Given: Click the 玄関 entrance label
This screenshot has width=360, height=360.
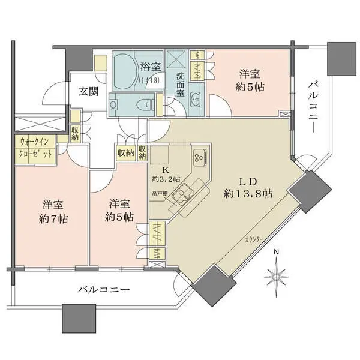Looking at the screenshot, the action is coord(89,92).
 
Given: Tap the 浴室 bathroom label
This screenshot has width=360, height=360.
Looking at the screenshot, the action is coord(151,67).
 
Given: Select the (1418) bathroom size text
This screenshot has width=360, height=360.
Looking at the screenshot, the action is coord(149,81).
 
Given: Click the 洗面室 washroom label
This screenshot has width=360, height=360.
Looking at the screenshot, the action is coord(180,85).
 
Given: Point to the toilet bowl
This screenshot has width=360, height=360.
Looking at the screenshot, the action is coord(145,104).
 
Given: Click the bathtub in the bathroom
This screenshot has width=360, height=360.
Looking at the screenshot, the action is coord(125,71).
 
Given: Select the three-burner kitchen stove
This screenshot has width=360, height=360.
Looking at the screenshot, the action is coord(200,157).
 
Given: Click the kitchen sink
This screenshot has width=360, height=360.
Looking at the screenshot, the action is coord(182,192).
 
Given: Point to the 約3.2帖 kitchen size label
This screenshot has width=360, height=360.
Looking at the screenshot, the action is coord(166,179).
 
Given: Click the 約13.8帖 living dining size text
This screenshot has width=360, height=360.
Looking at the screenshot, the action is coord(248,194).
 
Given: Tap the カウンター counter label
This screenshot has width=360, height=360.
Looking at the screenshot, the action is coord(254,240).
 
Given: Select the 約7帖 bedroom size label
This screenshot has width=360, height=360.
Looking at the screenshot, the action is coord(53,219).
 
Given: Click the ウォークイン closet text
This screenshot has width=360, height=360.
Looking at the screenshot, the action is coord(34,142).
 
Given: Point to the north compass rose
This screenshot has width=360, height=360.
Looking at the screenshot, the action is coord(277,277).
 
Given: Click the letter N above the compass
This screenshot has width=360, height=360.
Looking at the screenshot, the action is coord(277,252).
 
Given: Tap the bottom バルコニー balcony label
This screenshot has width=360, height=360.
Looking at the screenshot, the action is coord(104,290).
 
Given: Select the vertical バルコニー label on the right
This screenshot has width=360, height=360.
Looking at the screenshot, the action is coord(313,108).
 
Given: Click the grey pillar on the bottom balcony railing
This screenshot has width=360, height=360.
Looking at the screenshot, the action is coord(79,318).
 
